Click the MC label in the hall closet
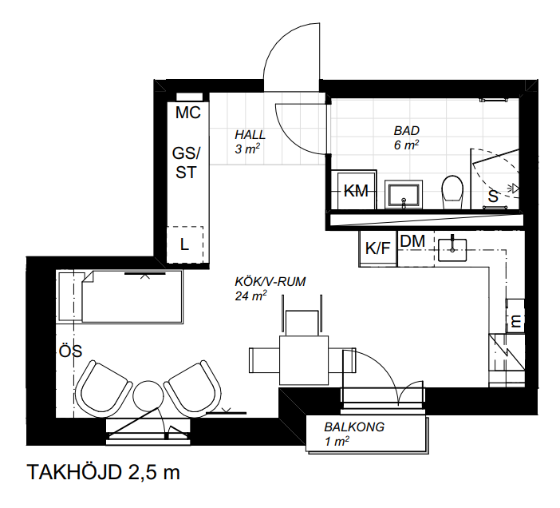pyautogui.click(x=187, y=113)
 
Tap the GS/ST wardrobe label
pyautogui.click(x=186, y=163)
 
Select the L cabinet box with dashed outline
pyautogui.click(x=185, y=244)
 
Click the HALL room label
pyautogui.click(x=250, y=135)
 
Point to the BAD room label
pyautogui.click(x=406, y=131)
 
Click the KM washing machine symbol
pyautogui.click(x=354, y=190)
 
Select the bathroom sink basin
pyautogui.click(x=404, y=194)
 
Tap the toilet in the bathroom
pyautogui.click(x=452, y=192)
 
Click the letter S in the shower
pyautogui.click(x=493, y=196)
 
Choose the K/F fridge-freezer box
pyautogui.click(x=378, y=248)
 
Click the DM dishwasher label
pyautogui.click(x=413, y=241)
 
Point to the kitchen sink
pyautogui.click(x=452, y=250)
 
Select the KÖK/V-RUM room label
pyautogui.click(x=270, y=282)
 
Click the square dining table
pyautogui.click(x=304, y=360)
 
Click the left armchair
pyautogui.click(x=104, y=390)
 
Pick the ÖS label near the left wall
pyautogui.click(x=70, y=351)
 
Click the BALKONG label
pyautogui.click(x=354, y=427)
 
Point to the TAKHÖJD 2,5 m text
pyautogui.click(x=103, y=472)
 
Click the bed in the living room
pyautogui.click(x=121, y=296)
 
